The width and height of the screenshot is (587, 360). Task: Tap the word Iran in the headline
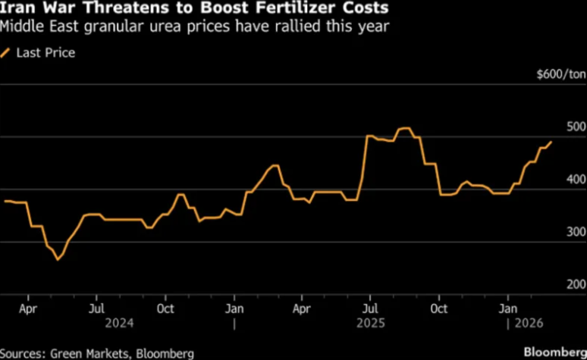[15, 10]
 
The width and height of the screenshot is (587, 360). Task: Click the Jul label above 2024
[96, 309]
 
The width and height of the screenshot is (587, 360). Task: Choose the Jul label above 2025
[371, 309]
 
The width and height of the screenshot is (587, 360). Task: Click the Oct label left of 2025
[165, 309]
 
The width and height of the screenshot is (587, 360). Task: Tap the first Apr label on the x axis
[27, 309]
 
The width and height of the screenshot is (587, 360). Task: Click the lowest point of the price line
[57, 260]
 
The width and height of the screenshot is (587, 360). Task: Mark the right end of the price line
[551, 142]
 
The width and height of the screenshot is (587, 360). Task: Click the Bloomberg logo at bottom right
[554, 352]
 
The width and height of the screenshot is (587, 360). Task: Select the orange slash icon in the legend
[6, 52]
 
